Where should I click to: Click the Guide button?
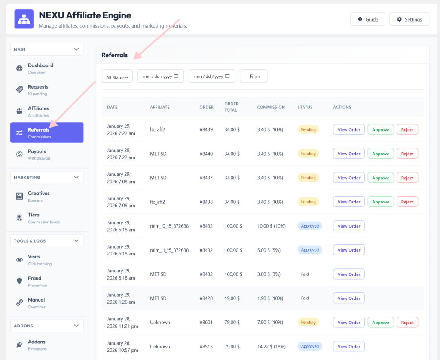tap(368, 19)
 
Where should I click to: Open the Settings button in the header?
tap(409, 19)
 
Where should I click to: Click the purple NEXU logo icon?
tap(24, 19)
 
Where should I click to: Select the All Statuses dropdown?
tap(117, 77)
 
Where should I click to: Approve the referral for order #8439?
tap(381, 129)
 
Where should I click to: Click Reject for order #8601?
tap(407, 323)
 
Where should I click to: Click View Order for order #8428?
tap(349, 298)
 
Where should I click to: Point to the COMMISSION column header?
tap(271, 107)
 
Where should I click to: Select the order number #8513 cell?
tap(206, 347)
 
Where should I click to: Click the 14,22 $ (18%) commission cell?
tap(272, 347)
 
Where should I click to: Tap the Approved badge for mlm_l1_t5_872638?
tap(310, 250)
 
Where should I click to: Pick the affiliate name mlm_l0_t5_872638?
tap(169, 226)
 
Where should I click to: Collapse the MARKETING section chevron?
tap(76, 178)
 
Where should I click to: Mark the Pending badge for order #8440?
tap(308, 154)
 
